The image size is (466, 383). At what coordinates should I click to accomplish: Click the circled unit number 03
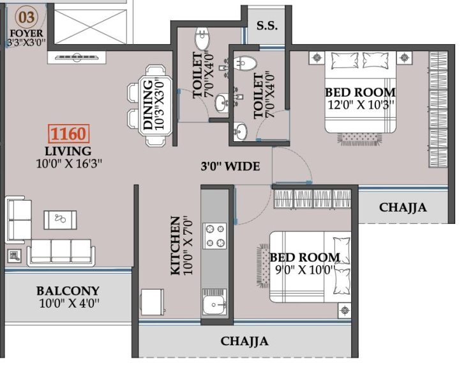[x=26, y=17]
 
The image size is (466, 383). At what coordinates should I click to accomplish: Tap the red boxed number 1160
[x=69, y=134]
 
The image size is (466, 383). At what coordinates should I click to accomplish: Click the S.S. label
[x=267, y=26]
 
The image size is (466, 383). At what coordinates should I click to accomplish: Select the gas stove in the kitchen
[x=214, y=236]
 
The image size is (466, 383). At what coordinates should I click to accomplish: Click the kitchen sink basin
[x=214, y=305]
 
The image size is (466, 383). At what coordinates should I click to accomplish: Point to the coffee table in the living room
[x=60, y=219]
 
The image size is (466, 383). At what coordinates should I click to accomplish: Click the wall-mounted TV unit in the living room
[x=77, y=57]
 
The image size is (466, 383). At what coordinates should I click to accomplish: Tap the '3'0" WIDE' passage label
[x=230, y=166]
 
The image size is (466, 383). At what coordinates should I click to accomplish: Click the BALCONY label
[x=68, y=291]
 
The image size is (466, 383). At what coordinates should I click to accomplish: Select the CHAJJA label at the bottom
[x=244, y=341]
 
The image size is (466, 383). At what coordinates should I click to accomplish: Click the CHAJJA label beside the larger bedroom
[x=403, y=207]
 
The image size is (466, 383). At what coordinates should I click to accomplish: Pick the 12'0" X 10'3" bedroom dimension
[x=361, y=105]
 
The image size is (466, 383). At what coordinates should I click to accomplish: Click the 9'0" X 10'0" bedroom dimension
[x=305, y=270]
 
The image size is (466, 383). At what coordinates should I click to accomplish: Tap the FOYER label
[x=26, y=33]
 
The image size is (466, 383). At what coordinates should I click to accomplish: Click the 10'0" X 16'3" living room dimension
[x=69, y=164]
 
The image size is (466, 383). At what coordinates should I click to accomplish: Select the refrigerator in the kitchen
[x=152, y=302]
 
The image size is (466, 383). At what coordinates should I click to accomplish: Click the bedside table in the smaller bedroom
[x=345, y=310]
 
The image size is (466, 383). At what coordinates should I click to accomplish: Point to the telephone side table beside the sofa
[x=14, y=256]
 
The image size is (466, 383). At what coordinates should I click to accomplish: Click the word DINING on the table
[x=148, y=105]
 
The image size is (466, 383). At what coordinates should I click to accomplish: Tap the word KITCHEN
[x=176, y=246]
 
